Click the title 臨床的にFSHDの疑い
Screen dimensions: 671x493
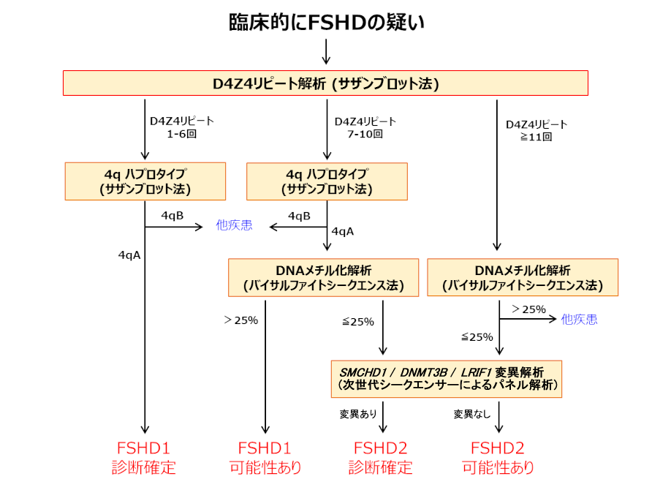(327, 22)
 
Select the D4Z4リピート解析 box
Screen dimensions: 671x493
(326, 83)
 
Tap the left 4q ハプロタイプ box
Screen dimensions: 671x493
(145, 181)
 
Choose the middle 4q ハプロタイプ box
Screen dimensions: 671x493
(327, 181)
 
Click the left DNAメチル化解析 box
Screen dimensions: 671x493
(324, 277)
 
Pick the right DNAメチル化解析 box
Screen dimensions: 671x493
(523, 277)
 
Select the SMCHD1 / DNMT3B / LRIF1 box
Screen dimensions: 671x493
(447, 379)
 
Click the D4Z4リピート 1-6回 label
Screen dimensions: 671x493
(182, 127)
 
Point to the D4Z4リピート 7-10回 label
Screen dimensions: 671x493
(365, 128)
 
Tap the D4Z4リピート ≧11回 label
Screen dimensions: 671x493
(537, 131)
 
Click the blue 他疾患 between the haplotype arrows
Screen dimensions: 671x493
(234, 225)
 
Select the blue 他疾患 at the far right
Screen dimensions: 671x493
(579, 319)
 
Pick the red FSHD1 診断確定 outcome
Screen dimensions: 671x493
(144, 458)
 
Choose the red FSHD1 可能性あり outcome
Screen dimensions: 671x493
(265, 458)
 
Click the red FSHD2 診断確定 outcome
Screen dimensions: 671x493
(380, 458)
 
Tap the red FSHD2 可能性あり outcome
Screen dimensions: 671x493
(498, 458)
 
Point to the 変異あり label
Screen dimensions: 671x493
(358, 414)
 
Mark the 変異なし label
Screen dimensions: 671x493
(472, 414)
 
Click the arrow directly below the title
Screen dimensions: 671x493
(326, 52)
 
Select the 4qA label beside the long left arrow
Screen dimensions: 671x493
(129, 255)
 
